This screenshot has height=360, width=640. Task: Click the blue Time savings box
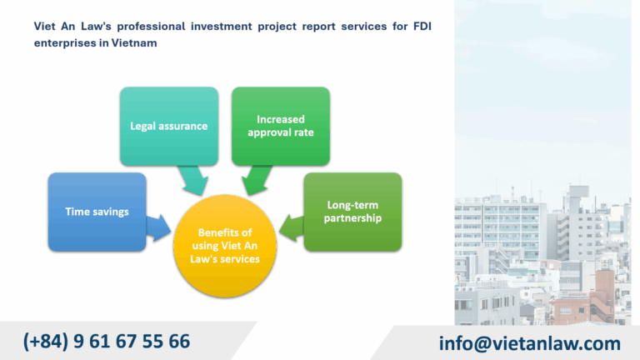(97, 212)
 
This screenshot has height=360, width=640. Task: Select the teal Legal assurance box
(169, 126)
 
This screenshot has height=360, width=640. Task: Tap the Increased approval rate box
(281, 126)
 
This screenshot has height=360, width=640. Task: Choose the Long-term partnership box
(352, 212)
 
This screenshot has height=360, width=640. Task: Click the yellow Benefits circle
(225, 246)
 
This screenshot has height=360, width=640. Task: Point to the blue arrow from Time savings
(158, 227)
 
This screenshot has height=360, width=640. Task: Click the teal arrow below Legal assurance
(193, 180)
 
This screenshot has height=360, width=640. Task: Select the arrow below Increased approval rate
(257, 180)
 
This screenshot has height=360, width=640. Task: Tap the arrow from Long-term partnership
(292, 227)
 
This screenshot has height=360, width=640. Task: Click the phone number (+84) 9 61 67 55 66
(107, 341)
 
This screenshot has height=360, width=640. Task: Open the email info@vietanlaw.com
(530, 343)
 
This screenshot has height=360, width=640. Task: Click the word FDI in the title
(422, 26)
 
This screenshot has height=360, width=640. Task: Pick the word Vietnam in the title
(134, 42)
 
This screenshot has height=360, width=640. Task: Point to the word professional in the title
(151, 27)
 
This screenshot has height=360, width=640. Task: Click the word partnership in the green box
(352, 218)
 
